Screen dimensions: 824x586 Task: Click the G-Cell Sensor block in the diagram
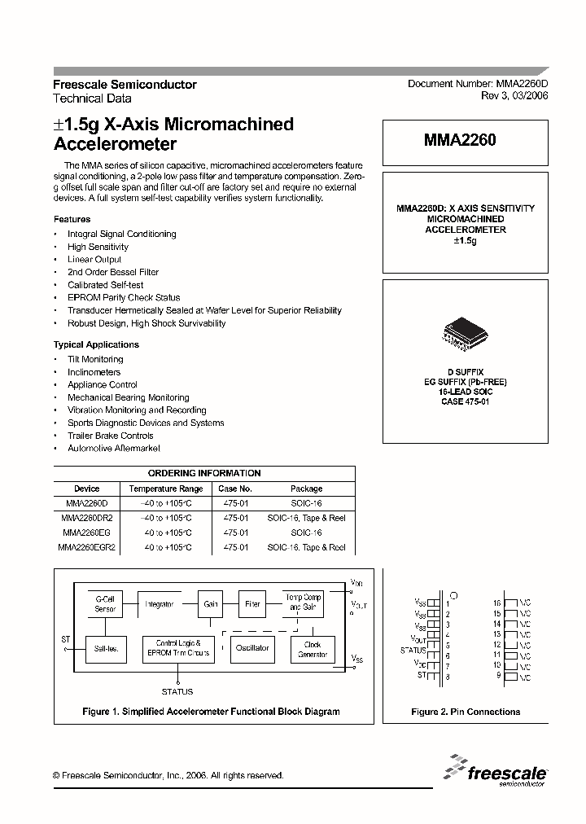(x=106, y=604)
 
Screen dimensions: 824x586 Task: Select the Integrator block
(x=160, y=604)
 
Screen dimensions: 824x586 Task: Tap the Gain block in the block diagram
(x=211, y=604)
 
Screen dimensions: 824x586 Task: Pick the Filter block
(x=253, y=604)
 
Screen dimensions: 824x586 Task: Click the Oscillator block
(x=252, y=648)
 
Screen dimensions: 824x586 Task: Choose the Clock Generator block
(x=313, y=649)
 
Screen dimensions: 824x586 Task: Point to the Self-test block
(x=106, y=648)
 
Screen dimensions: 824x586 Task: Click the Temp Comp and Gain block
(x=303, y=603)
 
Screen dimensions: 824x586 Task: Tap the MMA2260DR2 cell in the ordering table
(x=87, y=518)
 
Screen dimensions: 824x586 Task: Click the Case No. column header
(x=237, y=489)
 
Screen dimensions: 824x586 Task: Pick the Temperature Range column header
(x=168, y=489)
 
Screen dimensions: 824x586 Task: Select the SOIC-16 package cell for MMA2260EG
(x=306, y=533)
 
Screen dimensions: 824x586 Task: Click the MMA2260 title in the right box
(x=460, y=140)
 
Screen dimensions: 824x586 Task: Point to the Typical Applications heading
(x=96, y=344)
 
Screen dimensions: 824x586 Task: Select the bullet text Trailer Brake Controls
(x=111, y=436)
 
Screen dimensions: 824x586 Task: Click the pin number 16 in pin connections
(x=496, y=603)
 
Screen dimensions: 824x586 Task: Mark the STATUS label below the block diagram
(x=177, y=691)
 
